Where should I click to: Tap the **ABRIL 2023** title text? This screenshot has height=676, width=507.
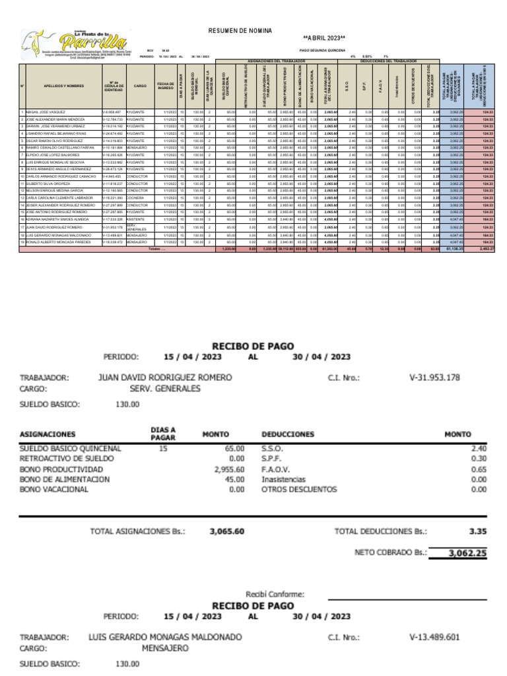pos(323,38)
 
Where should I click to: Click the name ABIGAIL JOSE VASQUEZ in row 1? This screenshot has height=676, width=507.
pos(46,113)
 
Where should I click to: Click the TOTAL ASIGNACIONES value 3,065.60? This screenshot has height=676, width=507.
pos(226,530)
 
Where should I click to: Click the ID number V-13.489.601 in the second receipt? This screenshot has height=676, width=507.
pos(434,638)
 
